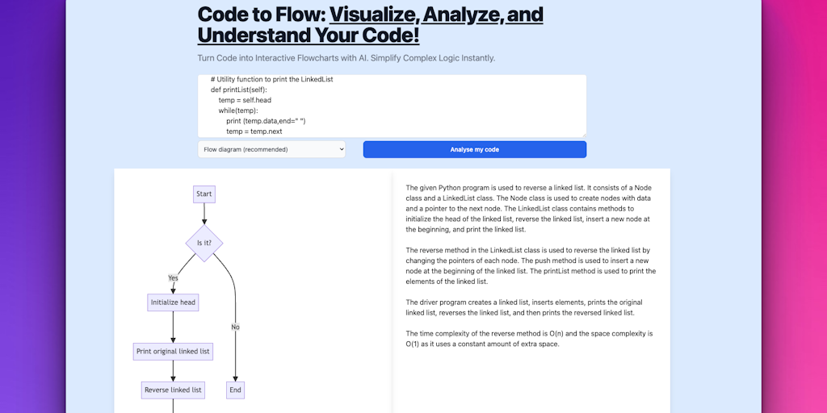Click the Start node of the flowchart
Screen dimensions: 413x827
[204, 194]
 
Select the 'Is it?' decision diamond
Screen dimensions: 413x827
[204, 242]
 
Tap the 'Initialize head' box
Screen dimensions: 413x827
[173, 302]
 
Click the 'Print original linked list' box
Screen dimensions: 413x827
[173, 351]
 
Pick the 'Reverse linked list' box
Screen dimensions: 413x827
[173, 390]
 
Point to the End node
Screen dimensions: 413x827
[235, 390]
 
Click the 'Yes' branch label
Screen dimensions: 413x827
[173, 277]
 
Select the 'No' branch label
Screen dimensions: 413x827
[235, 327]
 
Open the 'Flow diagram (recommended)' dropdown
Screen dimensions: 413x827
[271, 149]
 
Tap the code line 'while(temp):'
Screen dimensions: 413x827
[237, 111]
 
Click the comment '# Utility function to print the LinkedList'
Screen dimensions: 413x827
[272, 80]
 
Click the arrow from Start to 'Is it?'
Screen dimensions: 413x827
[204, 215]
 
